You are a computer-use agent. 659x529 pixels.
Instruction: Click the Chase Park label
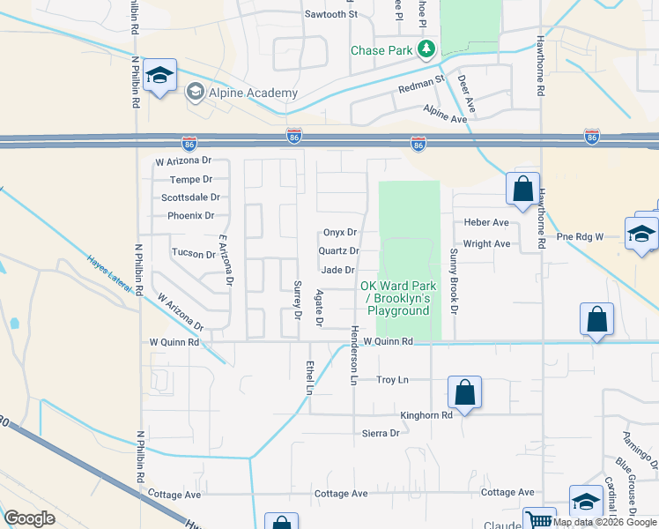(381, 50)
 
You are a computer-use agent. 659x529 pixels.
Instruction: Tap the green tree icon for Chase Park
(427, 48)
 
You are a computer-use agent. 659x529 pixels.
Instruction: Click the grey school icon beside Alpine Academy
(195, 90)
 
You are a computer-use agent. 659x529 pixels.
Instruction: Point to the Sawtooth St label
(331, 14)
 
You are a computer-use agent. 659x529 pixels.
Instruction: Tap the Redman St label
(421, 85)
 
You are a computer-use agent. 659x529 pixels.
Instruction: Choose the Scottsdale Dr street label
(191, 197)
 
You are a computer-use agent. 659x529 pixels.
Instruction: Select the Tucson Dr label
(194, 253)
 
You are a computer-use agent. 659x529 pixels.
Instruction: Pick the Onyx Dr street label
(339, 233)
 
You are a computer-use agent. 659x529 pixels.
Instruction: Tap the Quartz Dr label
(338, 251)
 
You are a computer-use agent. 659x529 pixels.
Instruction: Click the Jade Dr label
(338, 270)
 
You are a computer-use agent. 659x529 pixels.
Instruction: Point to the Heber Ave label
(486, 223)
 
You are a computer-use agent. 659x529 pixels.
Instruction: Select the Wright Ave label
(486, 243)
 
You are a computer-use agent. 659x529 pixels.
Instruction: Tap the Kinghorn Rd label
(426, 414)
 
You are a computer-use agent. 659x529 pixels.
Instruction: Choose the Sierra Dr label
(381, 433)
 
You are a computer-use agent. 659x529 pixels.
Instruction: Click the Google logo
(30, 518)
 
